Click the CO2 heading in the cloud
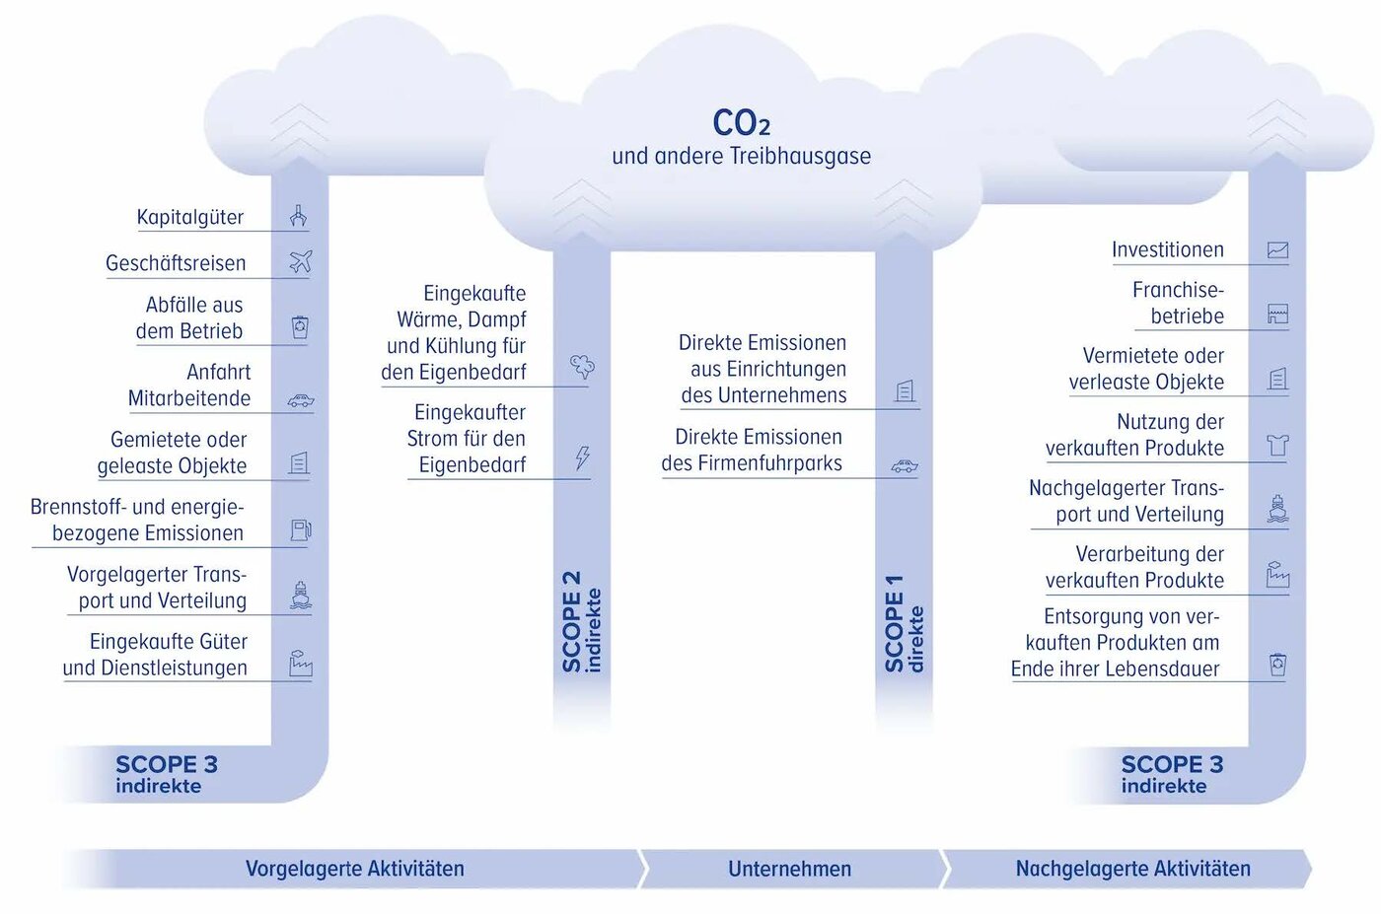(741, 123)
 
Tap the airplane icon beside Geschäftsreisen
(300, 261)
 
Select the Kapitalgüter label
(189, 217)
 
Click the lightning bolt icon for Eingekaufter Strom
(583, 457)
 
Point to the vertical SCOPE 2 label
(581, 622)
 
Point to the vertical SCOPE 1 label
(904, 624)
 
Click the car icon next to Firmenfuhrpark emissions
(905, 466)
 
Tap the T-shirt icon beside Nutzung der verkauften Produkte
(1277, 446)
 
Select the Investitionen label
(1167, 249)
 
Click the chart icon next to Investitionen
(1277, 250)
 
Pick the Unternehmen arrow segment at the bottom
(789, 869)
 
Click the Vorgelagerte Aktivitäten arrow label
(354, 869)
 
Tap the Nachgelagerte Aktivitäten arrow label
(1132, 869)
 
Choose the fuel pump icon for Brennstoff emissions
(300, 530)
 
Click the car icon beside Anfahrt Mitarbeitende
(300, 400)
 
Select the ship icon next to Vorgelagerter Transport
(301, 595)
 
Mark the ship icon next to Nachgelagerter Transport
(1277, 509)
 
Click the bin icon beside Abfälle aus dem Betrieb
(300, 327)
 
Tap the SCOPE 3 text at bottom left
(166, 765)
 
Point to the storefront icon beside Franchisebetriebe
(1277, 316)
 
